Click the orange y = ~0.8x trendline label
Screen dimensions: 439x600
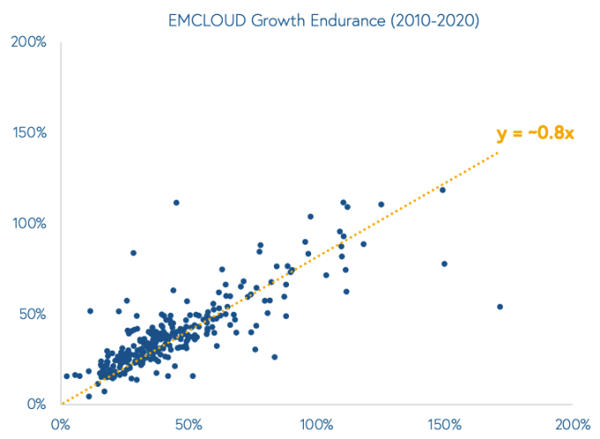coord(535,133)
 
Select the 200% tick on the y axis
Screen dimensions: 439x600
coord(30,42)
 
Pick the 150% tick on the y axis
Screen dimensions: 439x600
coord(30,132)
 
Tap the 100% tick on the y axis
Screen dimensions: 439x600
coord(30,223)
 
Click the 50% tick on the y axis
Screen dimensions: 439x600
coord(33,314)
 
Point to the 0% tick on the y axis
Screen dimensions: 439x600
coord(36,405)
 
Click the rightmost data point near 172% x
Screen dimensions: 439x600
coord(500,307)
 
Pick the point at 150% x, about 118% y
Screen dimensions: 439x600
coord(443,190)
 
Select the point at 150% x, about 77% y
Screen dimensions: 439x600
coord(444,263)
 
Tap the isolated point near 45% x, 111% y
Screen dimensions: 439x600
coord(176,202)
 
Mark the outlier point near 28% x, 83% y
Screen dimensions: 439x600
coord(133,253)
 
